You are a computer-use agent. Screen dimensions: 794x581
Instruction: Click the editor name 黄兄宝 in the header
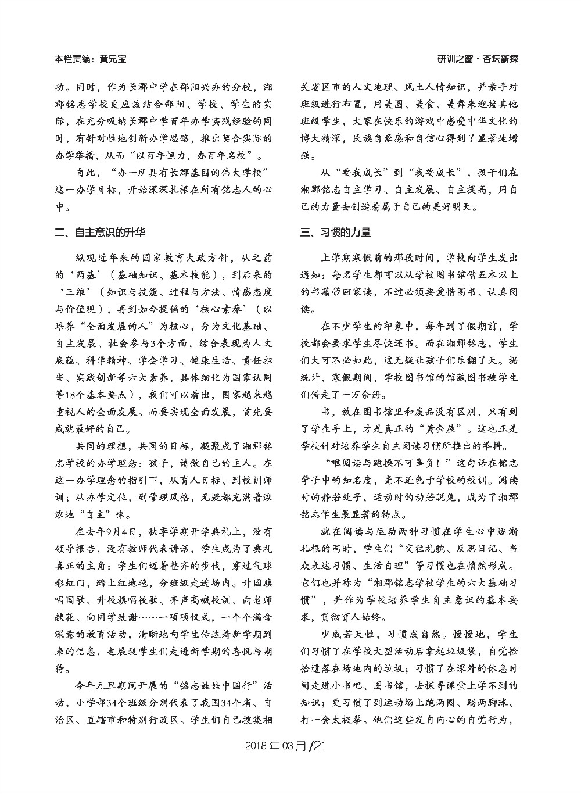click(x=113, y=59)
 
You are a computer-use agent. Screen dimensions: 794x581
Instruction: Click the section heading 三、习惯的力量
click(x=335, y=233)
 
